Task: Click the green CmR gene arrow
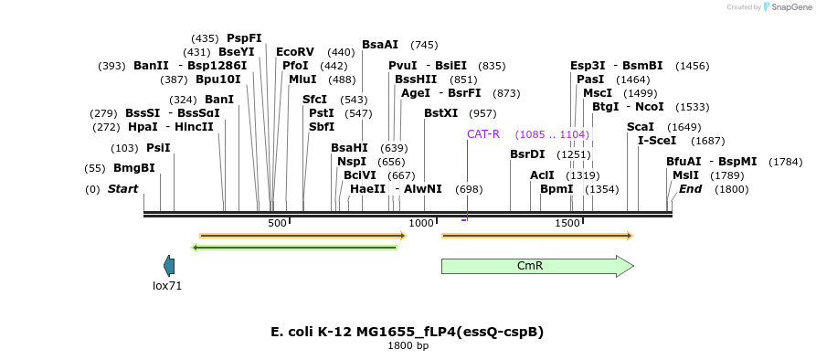[x=537, y=267]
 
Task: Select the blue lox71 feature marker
[x=169, y=265]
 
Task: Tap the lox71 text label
[x=167, y=286]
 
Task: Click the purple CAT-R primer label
[x=483, y=134]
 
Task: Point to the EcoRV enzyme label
[x=295, y=51]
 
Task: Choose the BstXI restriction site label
[x=440, y=113]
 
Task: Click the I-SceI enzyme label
[x=657, y=141]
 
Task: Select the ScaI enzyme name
[x=641, y=127]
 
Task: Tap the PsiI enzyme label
[x=158, y=148]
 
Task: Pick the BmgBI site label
[x=134, y=168]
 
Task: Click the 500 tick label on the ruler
[x=278, y=223]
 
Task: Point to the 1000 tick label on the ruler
[x=421, y=223]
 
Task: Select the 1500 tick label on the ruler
[x=567, y=223]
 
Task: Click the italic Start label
[x=122, y=189]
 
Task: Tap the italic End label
[x=691, y=189]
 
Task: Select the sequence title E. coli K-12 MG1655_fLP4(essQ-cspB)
[x=408, y=332]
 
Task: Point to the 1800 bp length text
[x=408, y=345]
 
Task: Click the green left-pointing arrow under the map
[x=294, y=248]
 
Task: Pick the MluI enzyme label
[x=302, y=79]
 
